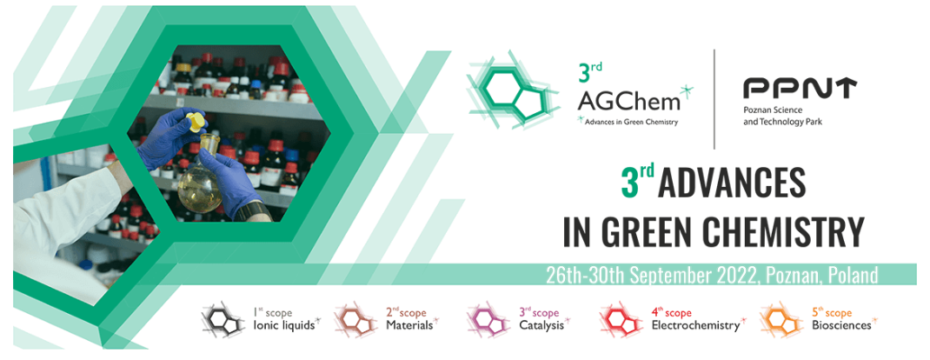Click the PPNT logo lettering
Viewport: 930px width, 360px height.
pyautogui.click(x=800, y=89)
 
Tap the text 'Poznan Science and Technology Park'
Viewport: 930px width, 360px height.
pyautogui.click(x=781, y=116)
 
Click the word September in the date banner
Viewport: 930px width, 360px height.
pyautogui.click(x=664, y=276)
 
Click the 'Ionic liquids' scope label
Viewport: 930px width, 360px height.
pyautogui.click(x=283, y=325)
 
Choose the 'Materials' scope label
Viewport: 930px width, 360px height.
pyautogui.click(x=409, y=325)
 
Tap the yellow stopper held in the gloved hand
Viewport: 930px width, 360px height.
pyautogui.click(x=196, y=123)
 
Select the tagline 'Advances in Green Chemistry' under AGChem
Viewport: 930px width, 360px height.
pyautogui.click(x=630, y=123)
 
